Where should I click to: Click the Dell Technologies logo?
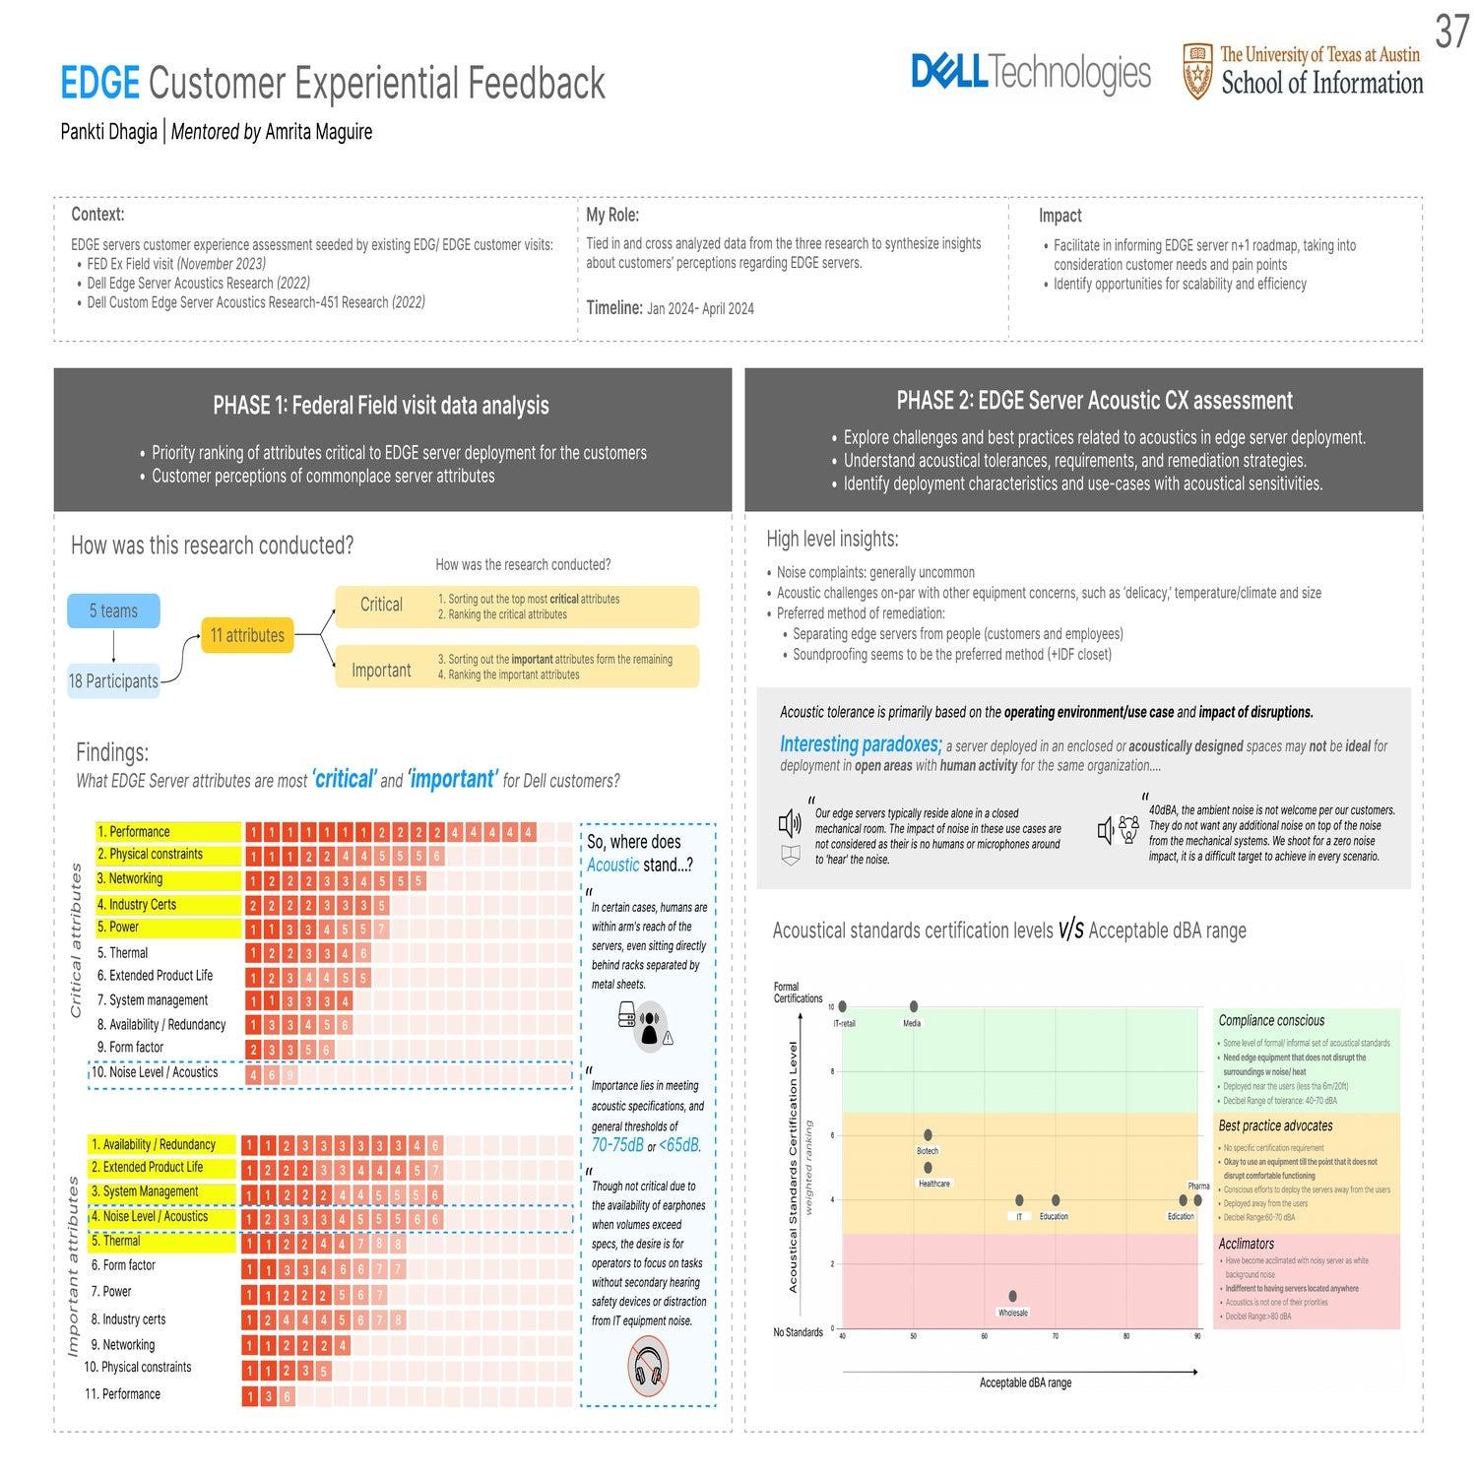pyautogui.click(x=1030, y=72)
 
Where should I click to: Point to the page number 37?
pyautogui.click(x=1451, y=32)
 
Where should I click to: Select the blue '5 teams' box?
pyautogui.click(x=113, y=610)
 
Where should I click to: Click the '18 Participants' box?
pyautogui.click(x=113, y=681)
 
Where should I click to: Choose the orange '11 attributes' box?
pyautogui.click(x=247, y=635)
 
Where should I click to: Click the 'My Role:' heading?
pyautogui.click(x=612, y=215)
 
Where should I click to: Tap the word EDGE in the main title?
pyautogui.click(x=99, y=84)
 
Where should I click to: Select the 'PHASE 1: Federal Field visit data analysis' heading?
pyautogui.click(x=380, y=406)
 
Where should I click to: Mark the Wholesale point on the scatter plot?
pyautogui.click(x=1012, y=1297)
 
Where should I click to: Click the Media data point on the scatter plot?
pyautogui.click(x=914, y=1006)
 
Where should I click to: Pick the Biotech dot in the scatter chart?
pyautogui.click(x=928, y=1135)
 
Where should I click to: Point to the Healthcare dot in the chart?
pyautogui.click(x=928, y=1168)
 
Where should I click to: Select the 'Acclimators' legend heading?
pyautogui.click(x=1246, y=1244)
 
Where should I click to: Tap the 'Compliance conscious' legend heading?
pyautogui.click(x=1271, y=1020)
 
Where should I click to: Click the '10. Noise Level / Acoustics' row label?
pyautogui.click(x=155, y=1072)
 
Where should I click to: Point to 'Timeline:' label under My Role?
pyautogui.click(x=614, y=308)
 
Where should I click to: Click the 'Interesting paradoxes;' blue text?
pyautogui.click(x=861, y=744)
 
